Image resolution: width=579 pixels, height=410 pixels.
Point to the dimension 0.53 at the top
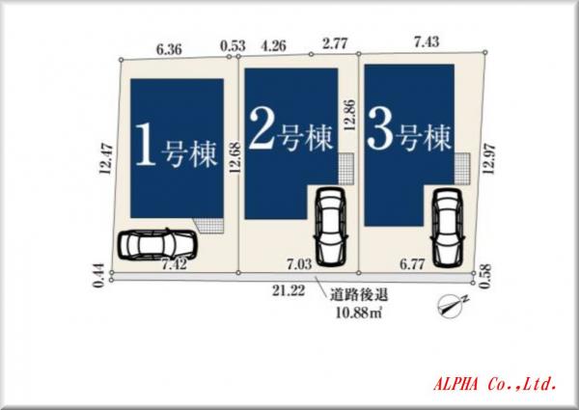(x=232, y=44)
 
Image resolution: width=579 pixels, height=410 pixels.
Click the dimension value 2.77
(x=335, y=43)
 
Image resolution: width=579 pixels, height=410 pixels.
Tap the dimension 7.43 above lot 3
(x=426, y=42)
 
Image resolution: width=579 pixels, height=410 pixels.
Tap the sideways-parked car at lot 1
(x=153, y=246)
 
